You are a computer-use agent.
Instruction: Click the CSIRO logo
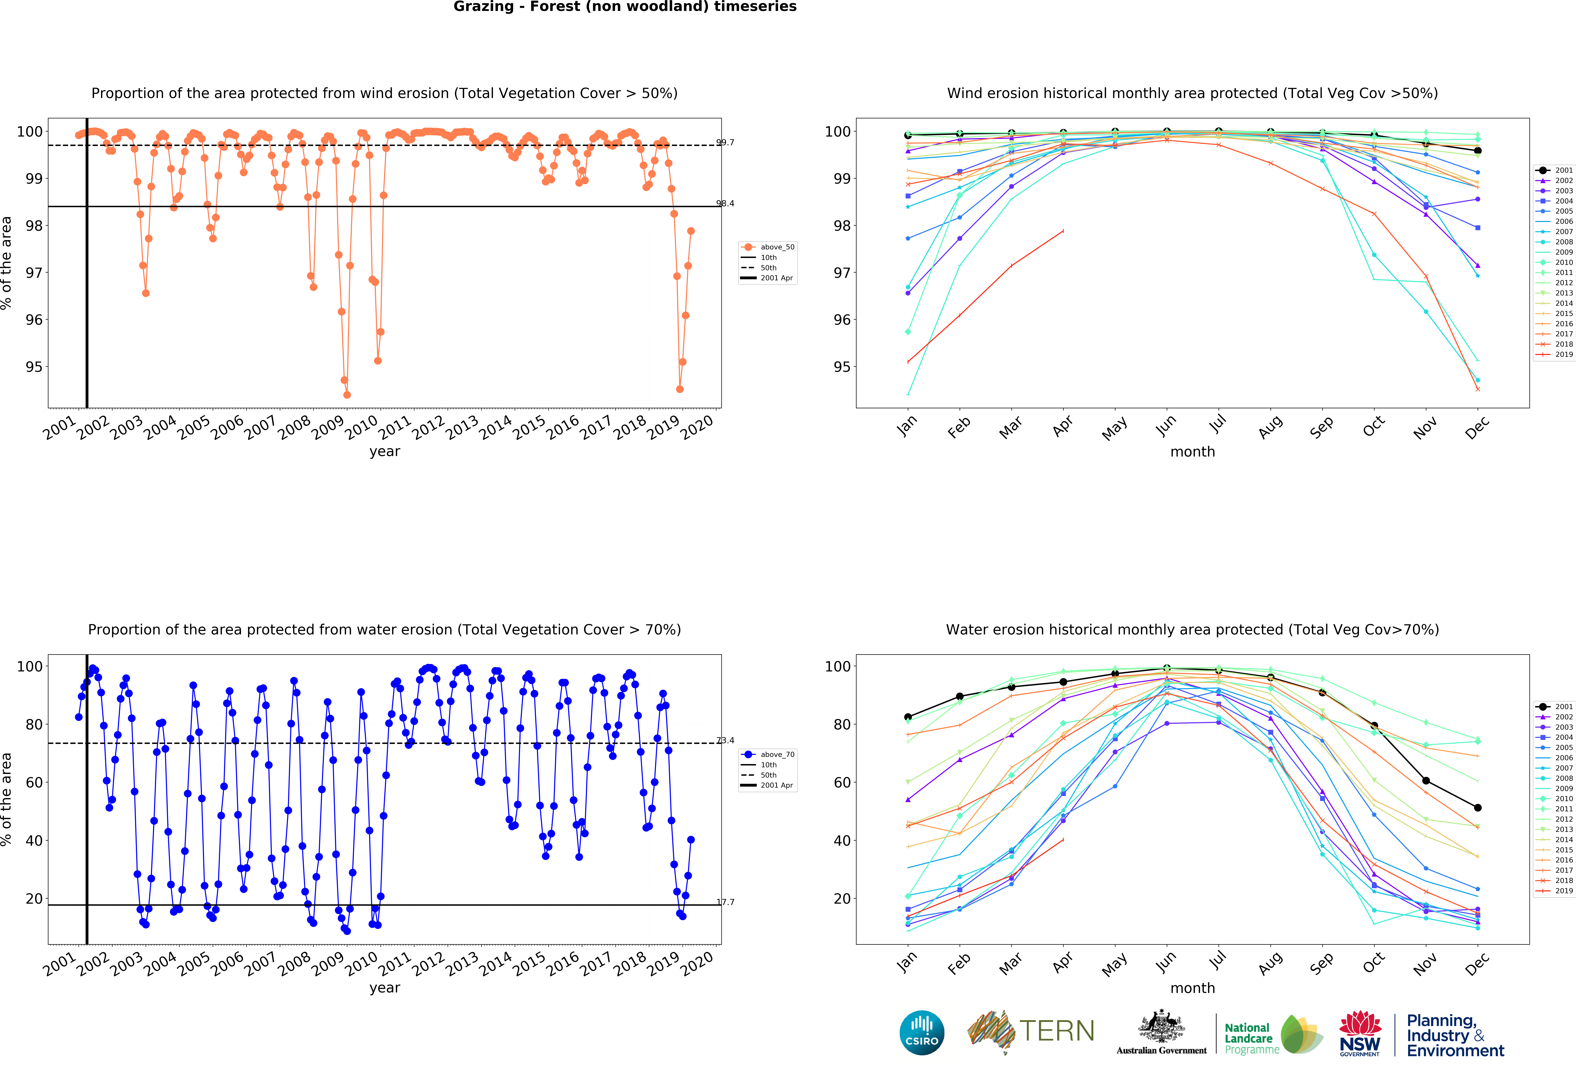(922, 1033)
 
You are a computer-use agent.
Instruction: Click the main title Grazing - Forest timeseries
(625, 7)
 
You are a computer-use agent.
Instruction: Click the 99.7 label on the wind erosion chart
(725, 142)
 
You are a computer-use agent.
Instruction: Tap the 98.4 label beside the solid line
(725, 203)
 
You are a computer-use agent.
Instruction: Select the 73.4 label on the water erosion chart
(725, 740)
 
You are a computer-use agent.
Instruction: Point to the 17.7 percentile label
(725, 902)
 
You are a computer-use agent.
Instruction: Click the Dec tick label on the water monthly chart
(1477, 963)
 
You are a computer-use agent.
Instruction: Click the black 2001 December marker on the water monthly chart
(1478, 807)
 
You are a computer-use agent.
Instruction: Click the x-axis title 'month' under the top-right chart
(1192, 451)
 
